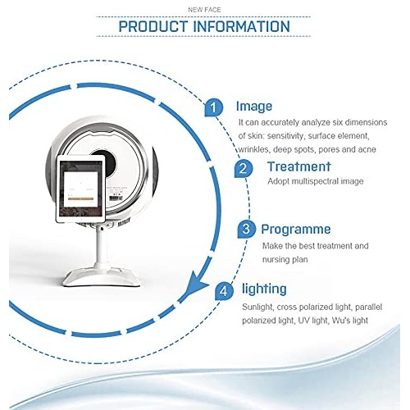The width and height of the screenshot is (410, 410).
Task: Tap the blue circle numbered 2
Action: click(x=243, y=169)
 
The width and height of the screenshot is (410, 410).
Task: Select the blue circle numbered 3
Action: click(x=245, y=229)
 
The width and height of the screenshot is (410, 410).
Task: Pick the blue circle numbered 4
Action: click(x=224, y=290)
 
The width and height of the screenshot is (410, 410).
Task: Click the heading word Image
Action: click(x=253, y=107)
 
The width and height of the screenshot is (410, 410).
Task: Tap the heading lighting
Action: click(x=264, y=289)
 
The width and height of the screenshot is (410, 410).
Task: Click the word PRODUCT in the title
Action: click(x=154, y=26)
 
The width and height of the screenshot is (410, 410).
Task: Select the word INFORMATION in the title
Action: click(x=241, y=26)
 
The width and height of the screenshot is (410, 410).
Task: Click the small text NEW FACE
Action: click(x=204, y=7)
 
